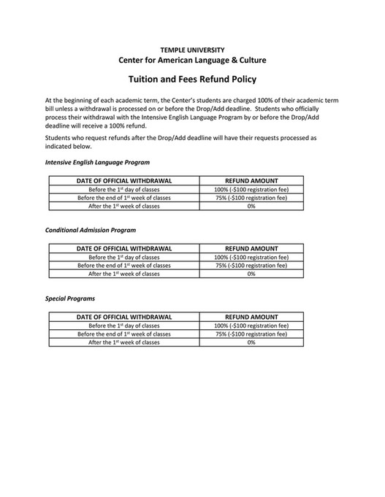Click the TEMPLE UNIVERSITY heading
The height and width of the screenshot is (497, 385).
pos(192,47)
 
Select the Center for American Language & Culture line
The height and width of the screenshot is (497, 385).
pos(192,59)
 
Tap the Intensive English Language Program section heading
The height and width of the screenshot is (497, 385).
pos(97,161)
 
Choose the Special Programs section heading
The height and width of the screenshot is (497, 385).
pos(70,298)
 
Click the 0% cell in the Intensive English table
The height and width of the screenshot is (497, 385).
pos(251,206)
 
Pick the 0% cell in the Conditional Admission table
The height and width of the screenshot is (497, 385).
pos(251,274)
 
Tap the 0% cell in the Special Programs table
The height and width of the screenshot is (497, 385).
pos(251,342)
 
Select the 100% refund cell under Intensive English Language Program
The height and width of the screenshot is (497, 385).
pos(251,188)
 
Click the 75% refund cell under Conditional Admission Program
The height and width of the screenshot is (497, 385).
pos(251,266)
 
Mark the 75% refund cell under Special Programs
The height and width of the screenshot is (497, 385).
pos(251,334)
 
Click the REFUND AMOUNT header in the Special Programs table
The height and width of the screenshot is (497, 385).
pos(251,317)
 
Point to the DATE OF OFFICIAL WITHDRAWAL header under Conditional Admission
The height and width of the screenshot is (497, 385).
pos(124,248)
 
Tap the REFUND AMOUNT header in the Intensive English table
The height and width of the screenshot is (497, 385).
pos(251,180)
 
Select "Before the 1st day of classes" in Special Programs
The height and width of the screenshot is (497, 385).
pos(124,325)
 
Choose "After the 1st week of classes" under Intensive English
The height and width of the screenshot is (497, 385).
pos(124,206)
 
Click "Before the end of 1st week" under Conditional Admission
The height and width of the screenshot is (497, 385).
pos(124,266)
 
